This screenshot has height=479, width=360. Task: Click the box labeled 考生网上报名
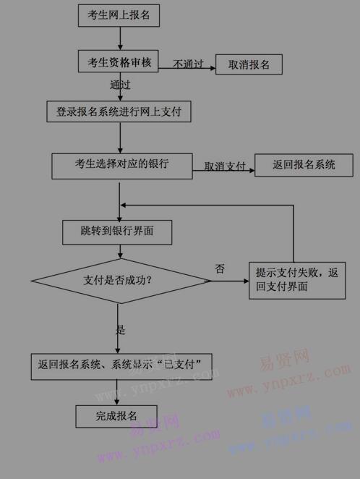coord(119,15)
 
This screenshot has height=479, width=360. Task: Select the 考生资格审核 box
coord(119,62)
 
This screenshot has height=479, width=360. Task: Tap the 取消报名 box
coord(249,64)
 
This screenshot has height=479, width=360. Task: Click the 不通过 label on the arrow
coord(188,64)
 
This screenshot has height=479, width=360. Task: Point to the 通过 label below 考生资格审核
coord(120,85)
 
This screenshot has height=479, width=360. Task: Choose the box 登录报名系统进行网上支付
coord(119,111)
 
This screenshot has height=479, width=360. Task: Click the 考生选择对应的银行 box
coord(122,166)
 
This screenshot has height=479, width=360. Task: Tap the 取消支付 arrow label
coord(225,166)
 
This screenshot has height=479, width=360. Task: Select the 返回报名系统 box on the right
coord(304,165)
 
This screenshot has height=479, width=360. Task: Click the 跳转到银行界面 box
coord(117,232)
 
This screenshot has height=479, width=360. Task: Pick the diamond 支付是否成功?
coord(121,281)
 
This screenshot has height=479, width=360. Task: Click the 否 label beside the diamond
coord(220,269)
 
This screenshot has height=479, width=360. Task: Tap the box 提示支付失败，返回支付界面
coord(297,281)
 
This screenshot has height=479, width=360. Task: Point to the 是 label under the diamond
coord(121,330)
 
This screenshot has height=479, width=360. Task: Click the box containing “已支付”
coord(121,367)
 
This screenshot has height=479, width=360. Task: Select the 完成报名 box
coord(116,416)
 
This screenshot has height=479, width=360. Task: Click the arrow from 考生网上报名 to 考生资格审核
coord(120,38)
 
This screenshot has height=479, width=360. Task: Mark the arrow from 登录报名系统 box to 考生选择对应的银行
coord(120,137)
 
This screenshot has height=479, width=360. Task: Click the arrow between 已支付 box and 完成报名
coord(117,393)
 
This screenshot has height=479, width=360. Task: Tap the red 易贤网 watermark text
coord(285,359)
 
